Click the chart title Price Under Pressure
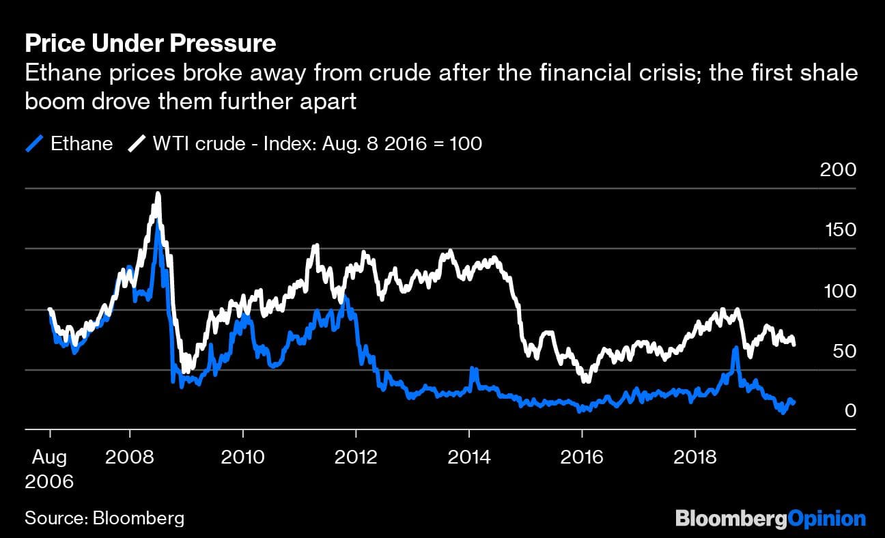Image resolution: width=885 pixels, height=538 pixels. [x=150, y=44]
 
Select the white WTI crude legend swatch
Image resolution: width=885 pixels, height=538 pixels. [x=137, y=144]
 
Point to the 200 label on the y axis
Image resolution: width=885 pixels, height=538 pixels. [x=837, y=169]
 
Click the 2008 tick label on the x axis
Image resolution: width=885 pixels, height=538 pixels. [x=129, y=455]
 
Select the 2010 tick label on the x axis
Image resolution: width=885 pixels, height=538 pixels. [x=242, y=455]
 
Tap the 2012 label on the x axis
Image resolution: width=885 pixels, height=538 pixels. [x=356, y=455]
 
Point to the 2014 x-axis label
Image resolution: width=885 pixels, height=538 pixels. [x=469, y=455]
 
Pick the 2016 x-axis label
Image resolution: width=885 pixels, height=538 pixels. [x=582, y=455]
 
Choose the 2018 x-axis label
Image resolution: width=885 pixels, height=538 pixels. [x=695, y=455]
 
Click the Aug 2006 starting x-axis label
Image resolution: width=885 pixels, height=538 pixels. [x=49, y=468]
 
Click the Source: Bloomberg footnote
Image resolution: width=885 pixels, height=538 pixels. [x=104, y=518]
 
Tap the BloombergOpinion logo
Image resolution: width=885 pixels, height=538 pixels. [x=770, y=518]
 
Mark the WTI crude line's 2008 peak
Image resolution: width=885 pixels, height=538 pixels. [x=158, y=195]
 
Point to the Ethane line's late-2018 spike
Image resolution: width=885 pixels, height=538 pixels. [x=735, y=349]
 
